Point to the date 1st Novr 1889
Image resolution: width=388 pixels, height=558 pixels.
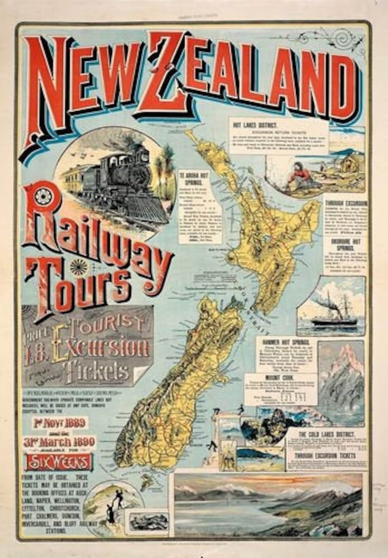60,423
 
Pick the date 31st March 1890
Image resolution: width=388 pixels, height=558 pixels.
59,442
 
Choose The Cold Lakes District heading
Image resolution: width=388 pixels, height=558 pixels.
327,434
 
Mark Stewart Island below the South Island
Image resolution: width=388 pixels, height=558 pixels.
147,482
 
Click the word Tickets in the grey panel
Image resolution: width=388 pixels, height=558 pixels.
95,370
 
